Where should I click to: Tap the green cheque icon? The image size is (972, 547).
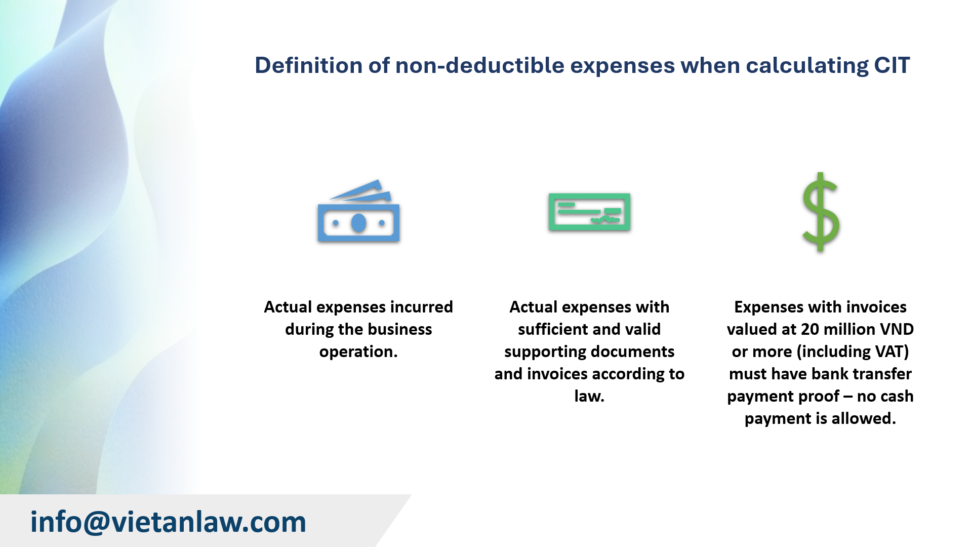589,212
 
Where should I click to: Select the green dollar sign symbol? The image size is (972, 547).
821,212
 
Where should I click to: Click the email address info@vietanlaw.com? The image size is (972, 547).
168,522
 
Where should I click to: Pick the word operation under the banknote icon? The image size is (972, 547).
357,351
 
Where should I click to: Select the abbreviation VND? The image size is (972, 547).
897,329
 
